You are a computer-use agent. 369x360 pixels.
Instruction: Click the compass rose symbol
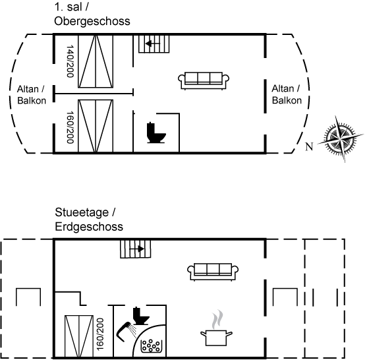click(340, 138)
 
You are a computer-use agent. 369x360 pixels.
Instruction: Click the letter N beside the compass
click(309, 146)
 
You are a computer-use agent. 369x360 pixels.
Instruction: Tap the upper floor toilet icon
click(156, 133)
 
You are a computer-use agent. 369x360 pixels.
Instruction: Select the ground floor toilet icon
click(141, 316)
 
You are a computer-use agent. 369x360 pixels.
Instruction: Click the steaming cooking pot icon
click(217, 328)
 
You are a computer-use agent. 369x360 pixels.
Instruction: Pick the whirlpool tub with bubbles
click(152, 346)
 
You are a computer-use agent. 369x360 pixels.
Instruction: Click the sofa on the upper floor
click(204, 80)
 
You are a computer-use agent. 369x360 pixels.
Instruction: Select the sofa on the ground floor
click(213, 272)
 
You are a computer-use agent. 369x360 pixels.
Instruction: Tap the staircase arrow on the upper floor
click(153, 44)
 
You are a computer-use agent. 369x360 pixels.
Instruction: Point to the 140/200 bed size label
click(71, 61)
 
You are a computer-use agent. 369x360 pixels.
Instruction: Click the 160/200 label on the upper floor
click(71, 127)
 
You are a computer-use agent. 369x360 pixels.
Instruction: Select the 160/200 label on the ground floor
click(100, 334)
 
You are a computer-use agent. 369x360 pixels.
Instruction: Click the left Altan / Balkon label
click(32, 95)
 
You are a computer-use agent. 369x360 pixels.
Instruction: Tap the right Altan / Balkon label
click(287, 94)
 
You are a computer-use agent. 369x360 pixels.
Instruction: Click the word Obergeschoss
click(92, 21)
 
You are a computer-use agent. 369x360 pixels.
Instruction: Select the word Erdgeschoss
click(89, 227)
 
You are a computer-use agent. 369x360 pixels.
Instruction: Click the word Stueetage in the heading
click(82, 212)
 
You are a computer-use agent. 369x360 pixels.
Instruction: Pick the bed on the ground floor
click(79, 336)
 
